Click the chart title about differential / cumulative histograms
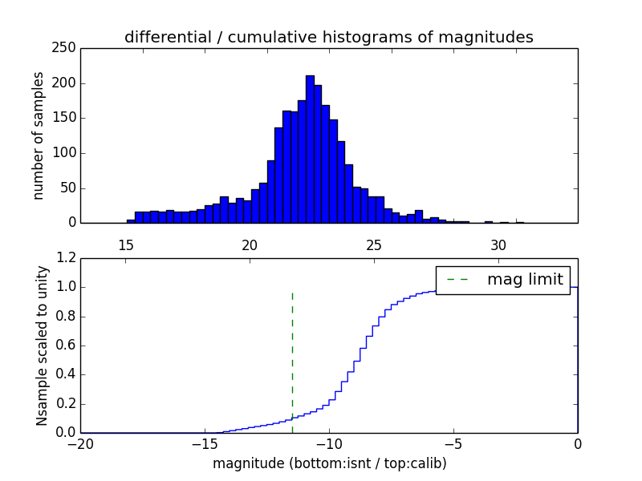coord(328,37)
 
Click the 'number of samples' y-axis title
coord(39,135)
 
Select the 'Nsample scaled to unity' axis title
coord(42,346)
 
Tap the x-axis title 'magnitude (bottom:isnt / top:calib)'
coord(329,463)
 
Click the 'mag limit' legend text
coord(525,279)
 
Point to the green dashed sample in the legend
coord(457,279)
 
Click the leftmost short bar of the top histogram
coord(131,221)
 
